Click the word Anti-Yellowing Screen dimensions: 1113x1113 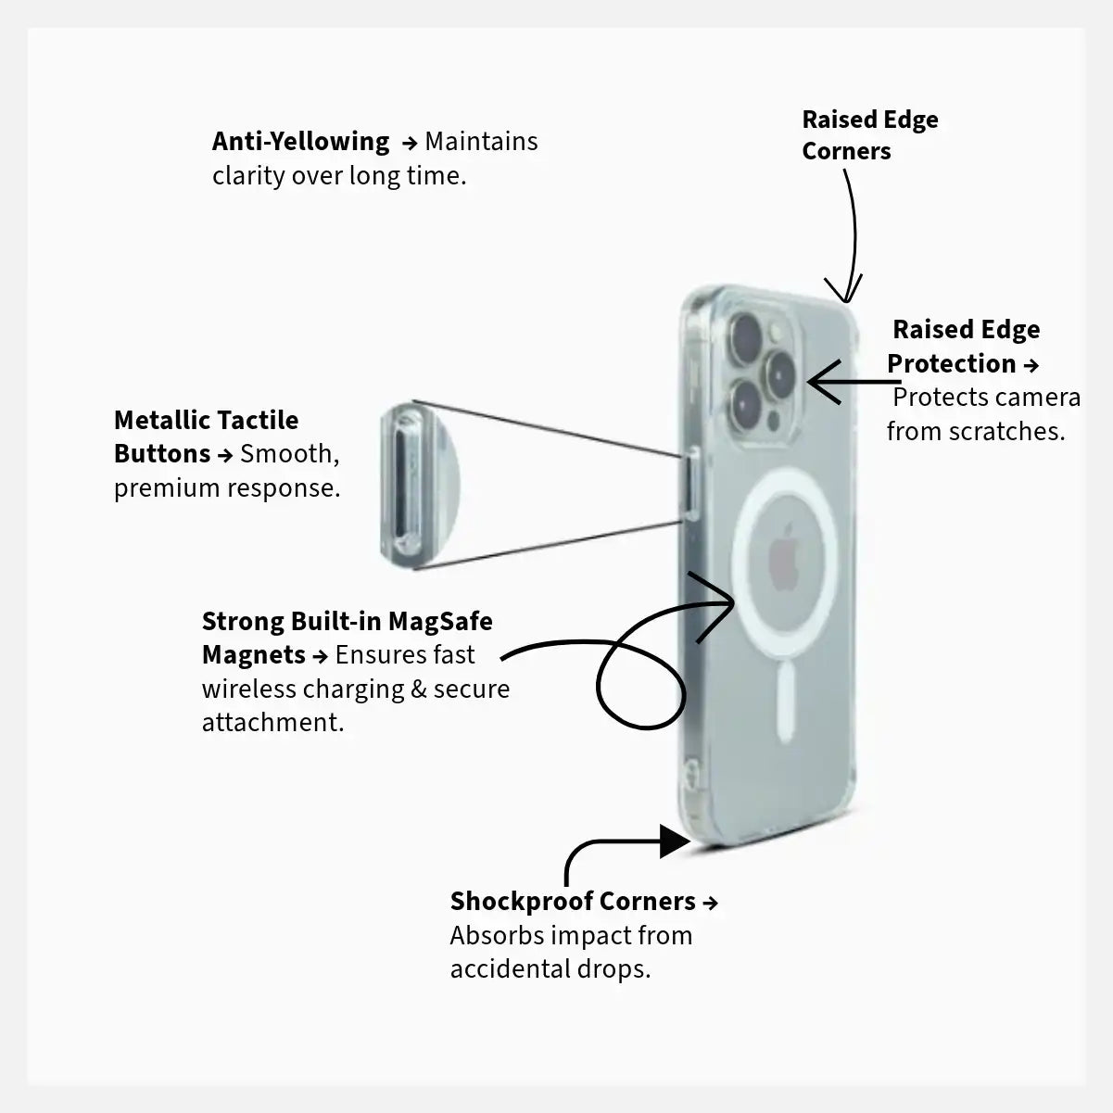[300, 142]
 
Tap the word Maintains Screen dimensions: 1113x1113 [481, 142]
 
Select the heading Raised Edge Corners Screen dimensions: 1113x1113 [869, 135]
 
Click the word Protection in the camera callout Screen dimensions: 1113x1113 [951, 363]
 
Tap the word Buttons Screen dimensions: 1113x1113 [162, 453]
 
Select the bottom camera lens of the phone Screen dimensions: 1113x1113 [746, 401]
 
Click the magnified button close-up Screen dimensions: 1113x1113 [413, 485]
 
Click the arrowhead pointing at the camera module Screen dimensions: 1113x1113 [821, 382]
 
